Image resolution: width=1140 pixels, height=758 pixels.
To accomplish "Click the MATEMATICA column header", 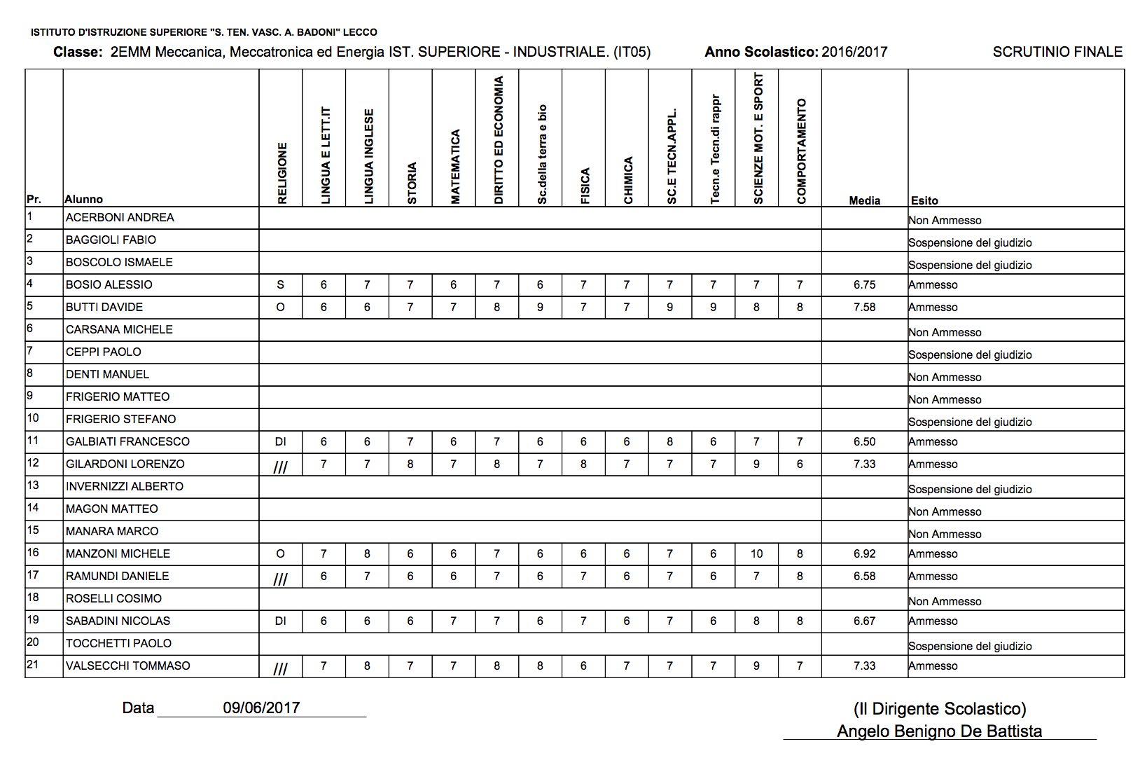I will [x=455, y=167].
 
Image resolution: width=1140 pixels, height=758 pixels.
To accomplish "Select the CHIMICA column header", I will [x=628, y=180].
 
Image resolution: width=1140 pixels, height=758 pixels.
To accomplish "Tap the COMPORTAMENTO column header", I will [x=801, y=151].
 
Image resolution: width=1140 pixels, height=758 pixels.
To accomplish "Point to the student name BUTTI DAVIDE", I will [x=104, y=307].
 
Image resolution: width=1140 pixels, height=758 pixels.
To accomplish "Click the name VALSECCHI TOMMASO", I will [x=127, y=666].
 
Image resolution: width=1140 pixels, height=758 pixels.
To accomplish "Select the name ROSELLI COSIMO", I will [x=113, y=598].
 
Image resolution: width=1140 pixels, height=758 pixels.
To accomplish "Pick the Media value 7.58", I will [x=864, y=307].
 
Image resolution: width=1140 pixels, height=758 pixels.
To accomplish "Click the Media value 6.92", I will [x=864, y=553].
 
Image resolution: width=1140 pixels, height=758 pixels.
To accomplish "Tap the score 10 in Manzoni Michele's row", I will [x=756, y=553].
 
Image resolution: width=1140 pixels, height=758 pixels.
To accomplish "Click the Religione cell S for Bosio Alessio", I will [x=280, y=284].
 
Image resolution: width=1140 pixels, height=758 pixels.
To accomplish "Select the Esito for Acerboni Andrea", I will [x=945, y=220].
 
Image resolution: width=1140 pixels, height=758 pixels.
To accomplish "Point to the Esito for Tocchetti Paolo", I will [x=970, y=646].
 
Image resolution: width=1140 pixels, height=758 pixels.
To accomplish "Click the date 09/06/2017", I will [x=261, y=708].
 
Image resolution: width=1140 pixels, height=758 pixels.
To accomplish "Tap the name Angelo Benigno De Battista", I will [x=939, y=731].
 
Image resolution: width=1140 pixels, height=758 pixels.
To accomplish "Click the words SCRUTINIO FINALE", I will [x=1057, y=52].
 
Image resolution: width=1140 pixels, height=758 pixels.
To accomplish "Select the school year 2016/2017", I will [x=854, y=52].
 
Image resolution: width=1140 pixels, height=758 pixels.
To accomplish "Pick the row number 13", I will [x=33, y=485].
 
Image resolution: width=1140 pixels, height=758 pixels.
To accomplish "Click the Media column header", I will [x=864, y=200].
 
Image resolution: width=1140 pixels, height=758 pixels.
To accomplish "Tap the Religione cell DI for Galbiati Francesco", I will [x=280, y=441].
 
